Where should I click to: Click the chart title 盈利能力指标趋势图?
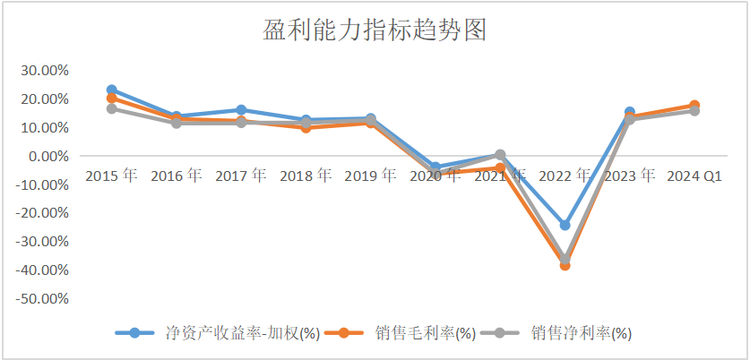point(375,31)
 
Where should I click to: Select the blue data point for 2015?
point(111,90)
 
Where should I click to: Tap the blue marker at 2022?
point(565,225)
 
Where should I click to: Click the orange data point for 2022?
point(565,265)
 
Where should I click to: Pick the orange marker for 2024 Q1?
point(694,105)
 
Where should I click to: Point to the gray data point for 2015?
point(111,108)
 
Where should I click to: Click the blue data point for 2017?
point(241,109)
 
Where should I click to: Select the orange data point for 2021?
point(500,167)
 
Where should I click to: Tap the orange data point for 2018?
point(306,127)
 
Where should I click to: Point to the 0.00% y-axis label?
point(46,156)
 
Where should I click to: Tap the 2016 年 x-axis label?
point(176,176)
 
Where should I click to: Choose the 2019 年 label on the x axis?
point(370,176)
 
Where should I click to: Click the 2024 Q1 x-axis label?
point(694,176)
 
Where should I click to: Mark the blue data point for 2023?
point(629,112)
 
